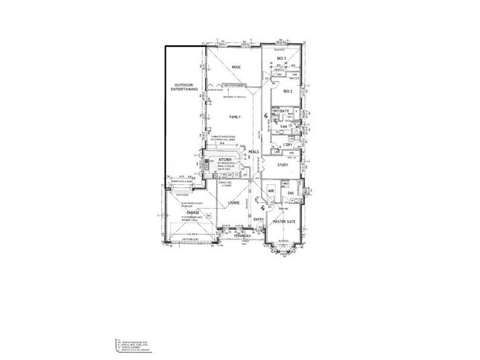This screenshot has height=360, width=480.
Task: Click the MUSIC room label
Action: pos(236,67)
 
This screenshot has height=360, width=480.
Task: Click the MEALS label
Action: pos(253,152)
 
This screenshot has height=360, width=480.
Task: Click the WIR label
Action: pos(271,191)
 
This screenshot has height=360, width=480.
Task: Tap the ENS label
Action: pos(290,193)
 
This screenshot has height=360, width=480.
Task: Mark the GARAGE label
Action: pos(192,212)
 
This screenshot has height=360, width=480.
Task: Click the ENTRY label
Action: pos(259,220)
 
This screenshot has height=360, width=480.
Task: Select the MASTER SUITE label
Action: pos(284,221)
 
